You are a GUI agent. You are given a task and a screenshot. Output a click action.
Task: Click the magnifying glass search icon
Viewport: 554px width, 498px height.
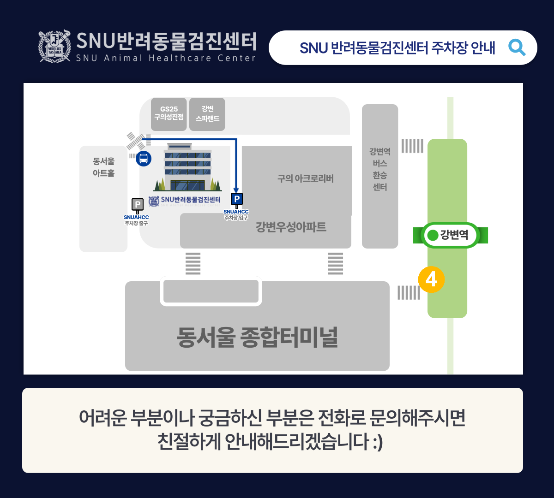pos(517,47)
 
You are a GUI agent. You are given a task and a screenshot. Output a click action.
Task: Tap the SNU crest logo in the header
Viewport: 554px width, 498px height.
pos(54,46)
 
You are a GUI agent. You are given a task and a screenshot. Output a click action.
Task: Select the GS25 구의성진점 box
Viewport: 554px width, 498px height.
pos(169,113)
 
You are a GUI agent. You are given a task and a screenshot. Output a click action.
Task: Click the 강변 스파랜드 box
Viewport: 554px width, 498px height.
pos(207,114)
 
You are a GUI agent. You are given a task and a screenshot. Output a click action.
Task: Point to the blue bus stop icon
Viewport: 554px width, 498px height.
pos(144,159)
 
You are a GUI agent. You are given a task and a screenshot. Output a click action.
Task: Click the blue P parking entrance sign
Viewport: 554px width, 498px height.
pos(236,199)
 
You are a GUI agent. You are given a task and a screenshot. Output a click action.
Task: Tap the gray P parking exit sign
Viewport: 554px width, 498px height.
pos(137,204)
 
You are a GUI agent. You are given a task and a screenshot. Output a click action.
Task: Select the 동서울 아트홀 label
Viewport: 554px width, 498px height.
pos(103,167)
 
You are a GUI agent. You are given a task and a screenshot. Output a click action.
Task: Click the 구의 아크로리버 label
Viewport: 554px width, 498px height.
pos(305,178)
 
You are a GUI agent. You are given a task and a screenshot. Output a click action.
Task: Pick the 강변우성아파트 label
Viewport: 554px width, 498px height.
pos(291,227)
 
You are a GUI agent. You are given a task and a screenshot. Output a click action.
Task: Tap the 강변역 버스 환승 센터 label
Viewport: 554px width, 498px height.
pos(379,169)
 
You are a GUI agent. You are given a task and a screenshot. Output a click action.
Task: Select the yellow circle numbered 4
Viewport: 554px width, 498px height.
pos(431,279)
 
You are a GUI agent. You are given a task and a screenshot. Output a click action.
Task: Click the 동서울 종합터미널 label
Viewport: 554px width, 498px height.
pos(257,337)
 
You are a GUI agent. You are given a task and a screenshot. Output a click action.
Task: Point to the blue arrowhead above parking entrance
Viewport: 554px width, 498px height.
pos(236,189)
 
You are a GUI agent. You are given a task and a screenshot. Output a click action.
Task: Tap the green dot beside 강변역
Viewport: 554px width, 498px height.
pos(433,235)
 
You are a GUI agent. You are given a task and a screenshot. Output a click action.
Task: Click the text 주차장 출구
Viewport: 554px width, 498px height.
pos(136,224)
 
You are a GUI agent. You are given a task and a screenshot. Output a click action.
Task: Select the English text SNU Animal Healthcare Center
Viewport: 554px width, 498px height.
pos(166,58)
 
